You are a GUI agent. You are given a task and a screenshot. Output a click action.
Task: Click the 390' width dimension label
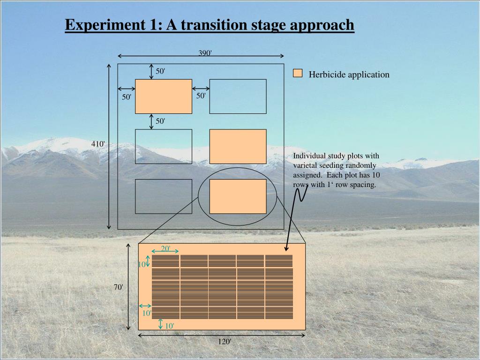click(205, 53)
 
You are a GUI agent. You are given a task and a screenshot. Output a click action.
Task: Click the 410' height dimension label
click(98, 144)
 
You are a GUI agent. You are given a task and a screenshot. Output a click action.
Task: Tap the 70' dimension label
click(119, 287)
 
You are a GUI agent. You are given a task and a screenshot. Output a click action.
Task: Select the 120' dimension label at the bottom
click(224, 342)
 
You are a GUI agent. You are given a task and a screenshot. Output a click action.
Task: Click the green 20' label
click(166, 248)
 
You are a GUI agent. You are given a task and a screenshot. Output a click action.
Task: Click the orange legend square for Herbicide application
click(298, 73)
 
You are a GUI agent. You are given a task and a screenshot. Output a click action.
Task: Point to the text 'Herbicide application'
click(349, 75)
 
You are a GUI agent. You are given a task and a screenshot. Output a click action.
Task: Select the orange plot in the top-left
click(164, 97)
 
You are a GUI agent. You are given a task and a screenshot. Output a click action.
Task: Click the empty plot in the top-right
click(238, 97)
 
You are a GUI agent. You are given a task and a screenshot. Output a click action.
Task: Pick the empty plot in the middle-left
click(164, 146)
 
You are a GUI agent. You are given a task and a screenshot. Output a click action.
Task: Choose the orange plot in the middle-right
click(238, 146)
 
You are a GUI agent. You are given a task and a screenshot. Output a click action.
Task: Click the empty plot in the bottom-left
click(164, 196)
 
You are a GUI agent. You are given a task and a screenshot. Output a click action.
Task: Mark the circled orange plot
click(238, 196)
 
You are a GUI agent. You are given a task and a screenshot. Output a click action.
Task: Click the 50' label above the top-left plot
click(161, 71)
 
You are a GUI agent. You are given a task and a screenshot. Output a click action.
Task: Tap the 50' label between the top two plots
click(201, 96)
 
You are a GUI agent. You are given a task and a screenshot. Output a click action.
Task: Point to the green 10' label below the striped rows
click(169, 326)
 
